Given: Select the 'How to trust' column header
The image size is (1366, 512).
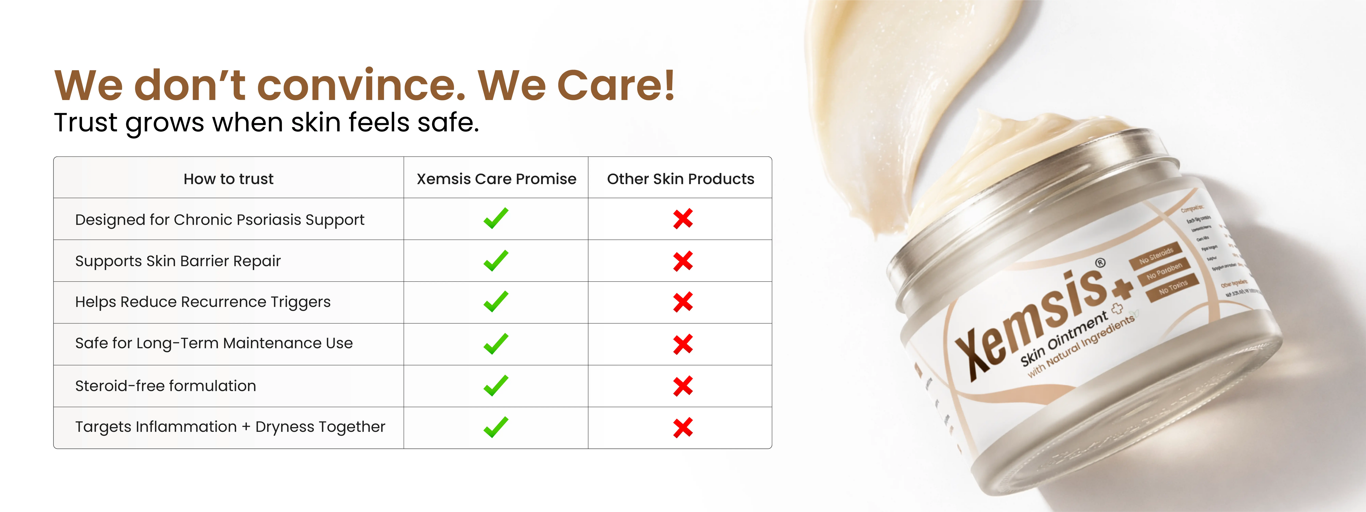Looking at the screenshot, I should coord(229,179).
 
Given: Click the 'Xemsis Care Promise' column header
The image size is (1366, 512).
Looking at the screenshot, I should coord(496,179).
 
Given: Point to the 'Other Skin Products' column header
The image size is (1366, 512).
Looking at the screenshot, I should coord(680,179).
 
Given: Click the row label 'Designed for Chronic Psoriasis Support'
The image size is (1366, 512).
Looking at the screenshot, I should coord(220,219).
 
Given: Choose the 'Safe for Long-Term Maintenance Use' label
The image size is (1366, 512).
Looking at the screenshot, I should coord(214,343).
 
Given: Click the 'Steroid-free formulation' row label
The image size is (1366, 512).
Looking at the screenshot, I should coord(166,386).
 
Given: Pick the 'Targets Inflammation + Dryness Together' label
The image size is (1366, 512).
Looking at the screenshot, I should coord(230,427).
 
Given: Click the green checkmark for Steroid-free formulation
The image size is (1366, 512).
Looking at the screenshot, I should coord(496,386).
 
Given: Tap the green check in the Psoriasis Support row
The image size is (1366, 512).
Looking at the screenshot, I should coord(496,218).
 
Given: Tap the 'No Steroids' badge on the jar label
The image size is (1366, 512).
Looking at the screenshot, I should coord(1156,256).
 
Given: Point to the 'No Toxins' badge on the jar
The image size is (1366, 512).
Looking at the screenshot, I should coord(1173,288).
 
